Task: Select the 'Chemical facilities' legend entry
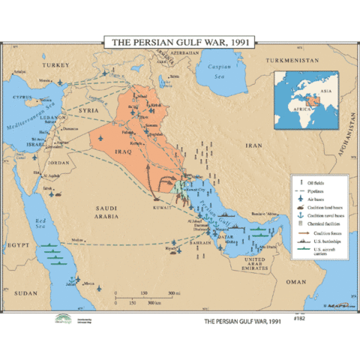coord(322,223)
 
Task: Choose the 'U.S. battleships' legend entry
coord(320,242)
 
